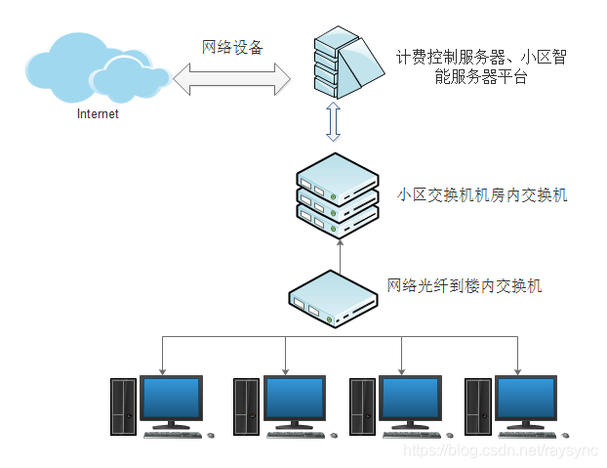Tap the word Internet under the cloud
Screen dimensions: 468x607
click(x=98, y=114)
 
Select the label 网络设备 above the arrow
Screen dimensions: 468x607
click(x=232, y=47)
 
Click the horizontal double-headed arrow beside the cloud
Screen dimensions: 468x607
click(x=232, y=79)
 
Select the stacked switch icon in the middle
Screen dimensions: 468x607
click(x=337, y=194)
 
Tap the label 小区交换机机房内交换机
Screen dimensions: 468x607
click(x=482, y=194)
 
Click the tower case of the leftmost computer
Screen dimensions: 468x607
click(x=123, y=406)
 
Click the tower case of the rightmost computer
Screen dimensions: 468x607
click(x=476, y=406)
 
